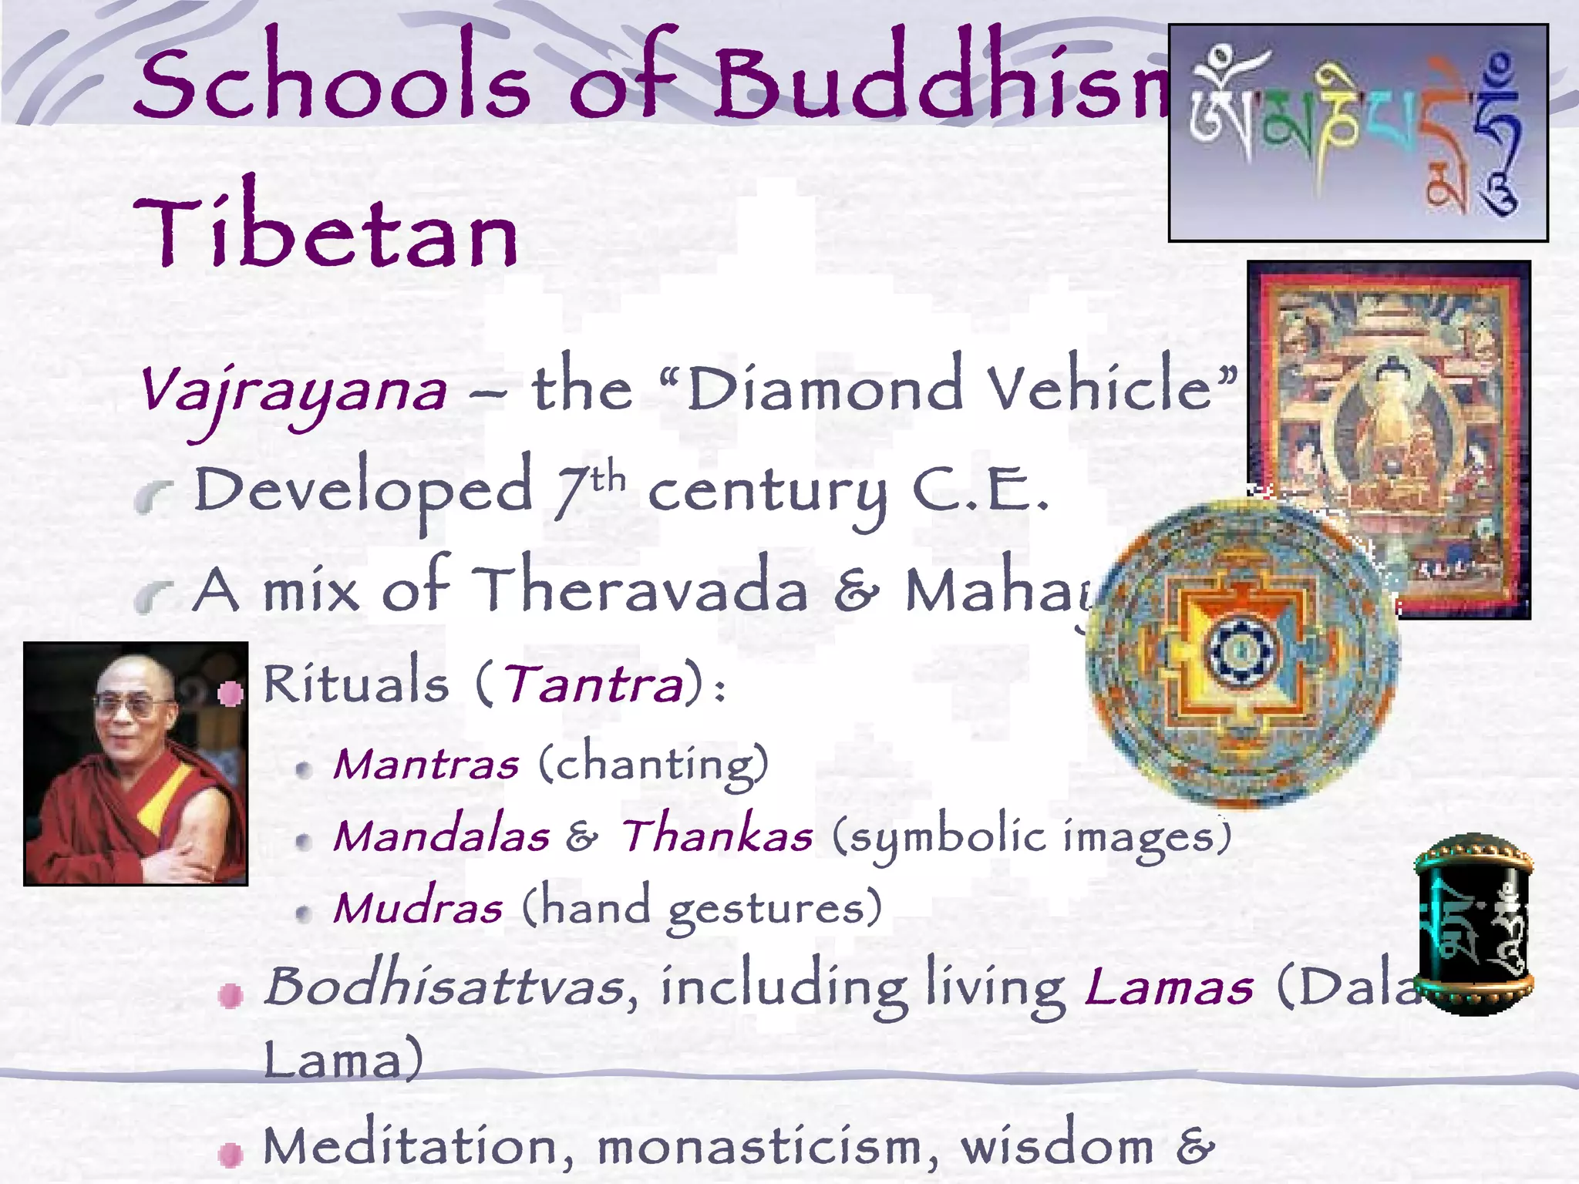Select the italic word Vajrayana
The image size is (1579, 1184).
coord(293,392)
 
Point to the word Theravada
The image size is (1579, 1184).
coord(640,590)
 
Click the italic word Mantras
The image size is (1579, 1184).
coord(426,765)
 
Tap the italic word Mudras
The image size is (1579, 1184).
coord(419,908)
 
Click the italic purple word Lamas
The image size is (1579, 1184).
coord(1169,988)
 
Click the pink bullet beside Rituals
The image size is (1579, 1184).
coord(230,693)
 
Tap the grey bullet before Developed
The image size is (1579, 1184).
coord(153,496)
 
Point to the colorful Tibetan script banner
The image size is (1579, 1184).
coord(1357,133)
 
